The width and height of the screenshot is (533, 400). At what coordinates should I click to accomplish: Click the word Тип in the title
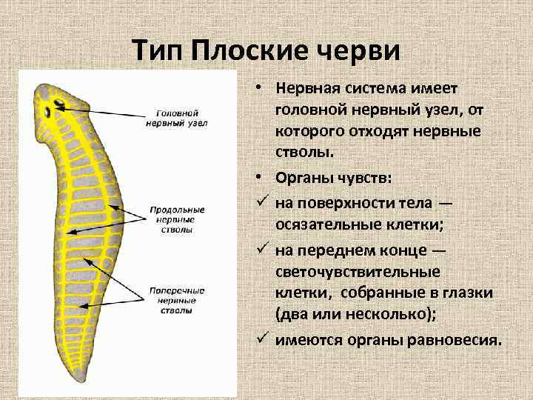pos(158,51)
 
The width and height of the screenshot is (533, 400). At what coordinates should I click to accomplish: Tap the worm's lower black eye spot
pos(48,113)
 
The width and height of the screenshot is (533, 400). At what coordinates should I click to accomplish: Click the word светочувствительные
pos(358,272)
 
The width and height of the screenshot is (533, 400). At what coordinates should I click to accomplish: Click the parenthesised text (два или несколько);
pos(355,315)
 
